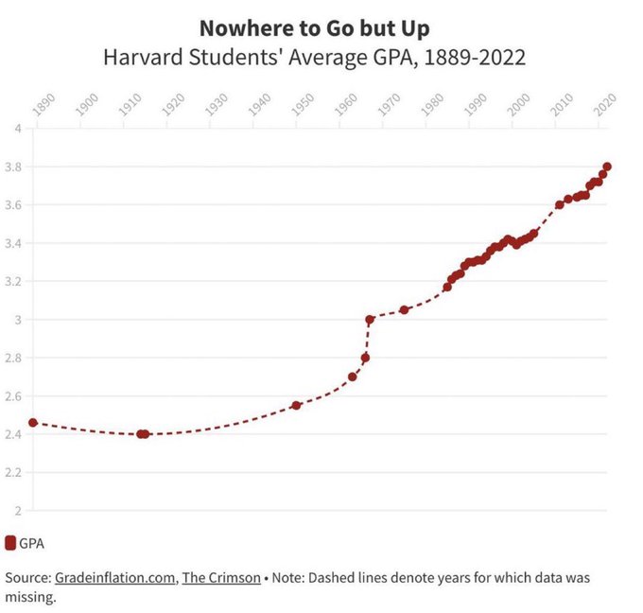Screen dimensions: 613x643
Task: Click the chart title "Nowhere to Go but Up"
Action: (x=314, y=27)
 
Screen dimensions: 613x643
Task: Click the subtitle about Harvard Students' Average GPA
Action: (x=314, y=58)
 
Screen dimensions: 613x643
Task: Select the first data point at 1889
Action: (x=33, y=423)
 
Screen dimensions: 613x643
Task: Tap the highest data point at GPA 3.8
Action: (x=607, y=166)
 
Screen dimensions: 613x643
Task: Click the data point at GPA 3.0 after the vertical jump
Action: (x=369, y=320)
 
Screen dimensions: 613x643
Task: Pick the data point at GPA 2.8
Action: (x=365, y=358)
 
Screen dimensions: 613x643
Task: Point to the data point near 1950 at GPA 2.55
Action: (x=296, y=405)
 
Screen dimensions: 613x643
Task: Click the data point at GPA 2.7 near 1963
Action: (x=353, y=377)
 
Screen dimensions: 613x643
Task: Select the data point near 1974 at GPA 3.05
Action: (x=404, y=309)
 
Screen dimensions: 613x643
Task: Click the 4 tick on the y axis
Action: (x=18, y=129)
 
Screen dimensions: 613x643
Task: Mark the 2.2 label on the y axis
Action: (x=14, y=472)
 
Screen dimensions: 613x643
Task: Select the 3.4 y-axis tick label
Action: (x=14, y=243)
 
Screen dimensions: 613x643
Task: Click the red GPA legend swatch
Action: (x=10, y=543)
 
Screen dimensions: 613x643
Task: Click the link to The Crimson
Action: (x=221, y=577)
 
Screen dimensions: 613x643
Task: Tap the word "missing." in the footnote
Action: (x=31, y=598)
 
